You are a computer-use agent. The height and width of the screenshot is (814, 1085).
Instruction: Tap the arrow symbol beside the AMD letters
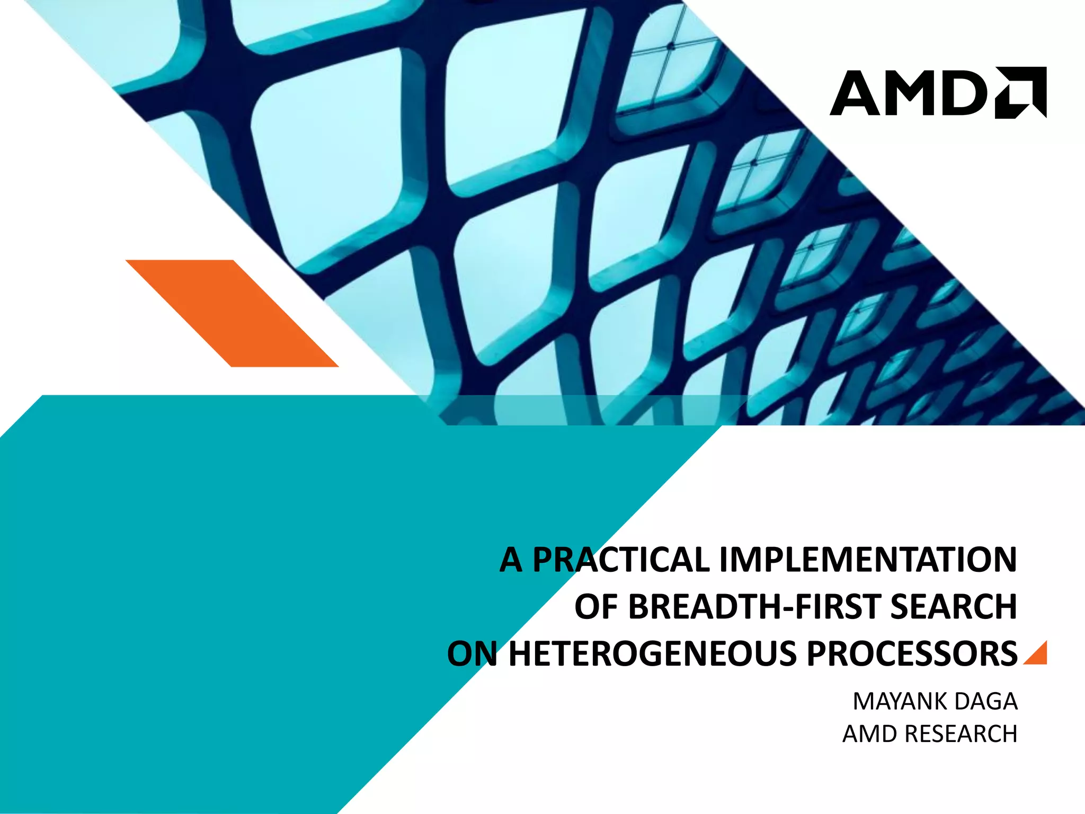click(1020, 92)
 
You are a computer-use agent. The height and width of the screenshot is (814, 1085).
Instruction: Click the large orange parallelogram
click(232, 313)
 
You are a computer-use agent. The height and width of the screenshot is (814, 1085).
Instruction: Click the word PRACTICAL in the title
click(621, 560)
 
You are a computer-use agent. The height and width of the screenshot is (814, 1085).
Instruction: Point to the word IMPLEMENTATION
click(868, 560)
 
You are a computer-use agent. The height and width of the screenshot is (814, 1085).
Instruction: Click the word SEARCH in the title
click(953, 607)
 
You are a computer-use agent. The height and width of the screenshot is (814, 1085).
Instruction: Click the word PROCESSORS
click(911, 654)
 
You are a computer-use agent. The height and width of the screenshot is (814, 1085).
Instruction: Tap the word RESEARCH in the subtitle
click(961, 734)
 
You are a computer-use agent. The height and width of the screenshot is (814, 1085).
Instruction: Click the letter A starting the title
click(511, 560)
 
